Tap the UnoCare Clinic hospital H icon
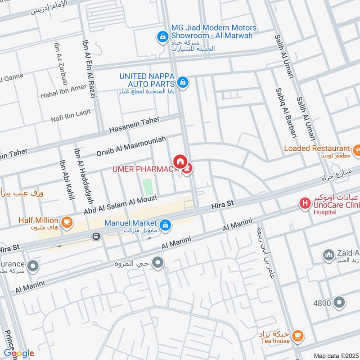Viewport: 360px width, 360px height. [x=306, y=204]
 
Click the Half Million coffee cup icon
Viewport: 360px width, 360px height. [x=67, y=221]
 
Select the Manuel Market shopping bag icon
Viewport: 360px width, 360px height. [x=166, y=224]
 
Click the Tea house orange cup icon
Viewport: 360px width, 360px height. [x=297, y=335]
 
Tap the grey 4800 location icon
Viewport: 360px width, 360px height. [x=339, y=303]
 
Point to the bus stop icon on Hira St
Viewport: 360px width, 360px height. [x=96, y=236]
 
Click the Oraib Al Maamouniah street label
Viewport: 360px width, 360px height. [x=131, y=146]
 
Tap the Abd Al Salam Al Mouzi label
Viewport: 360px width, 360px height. [x=120, y=204]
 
